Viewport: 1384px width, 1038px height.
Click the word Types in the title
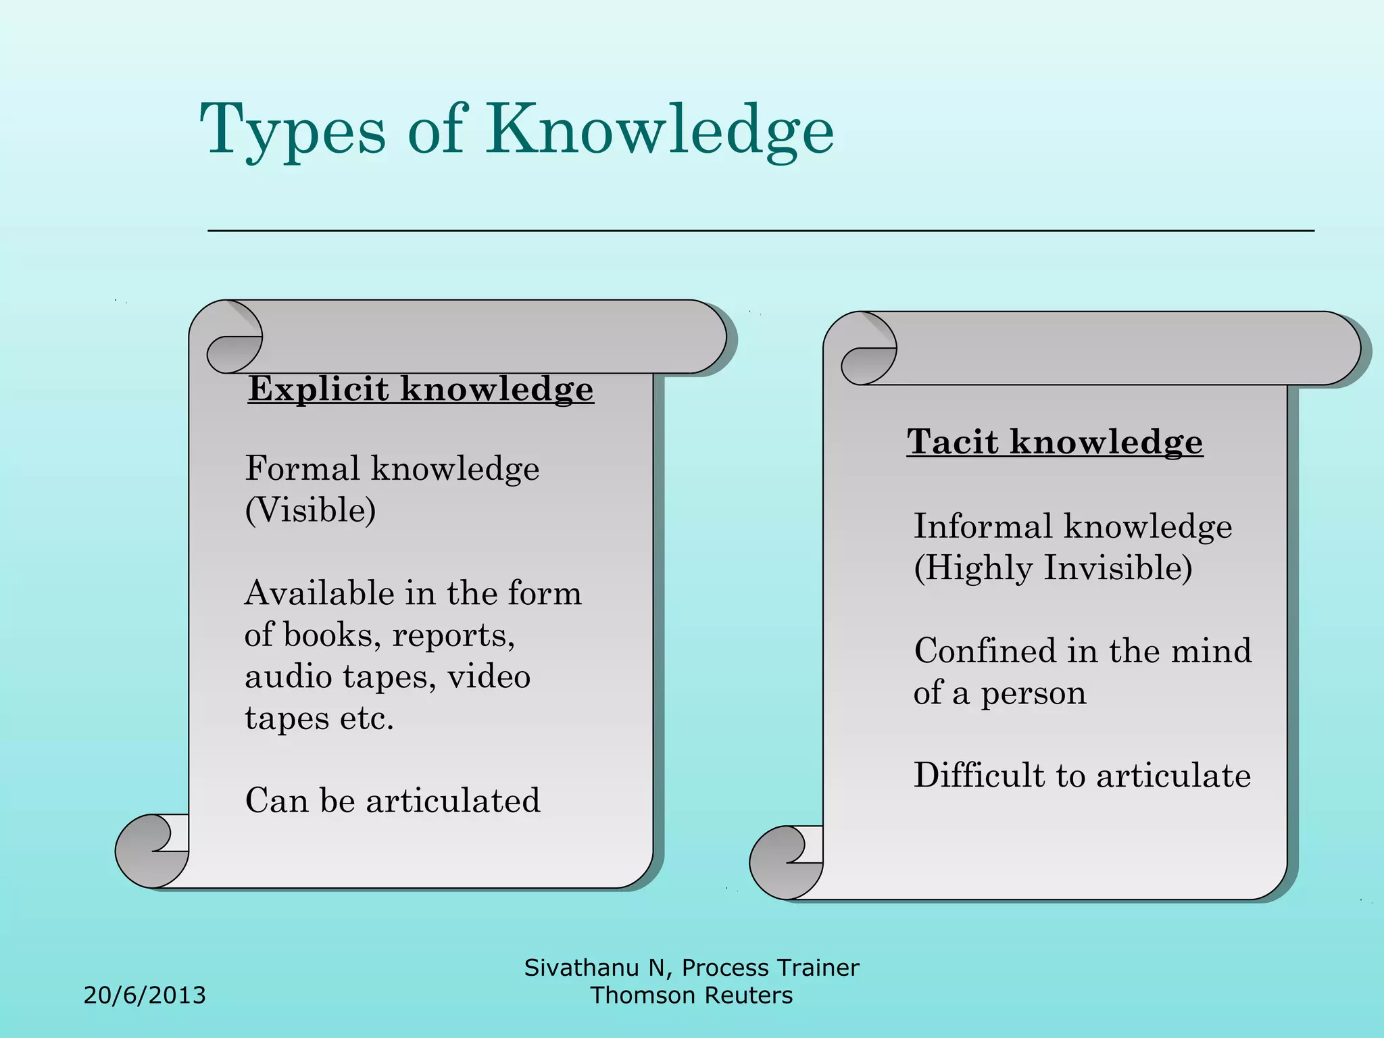[x=293, y=130]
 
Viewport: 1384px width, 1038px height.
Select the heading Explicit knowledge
[x=420, y=389]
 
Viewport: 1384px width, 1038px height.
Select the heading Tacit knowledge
[x=1054, y=442]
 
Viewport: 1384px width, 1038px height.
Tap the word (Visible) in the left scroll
[x=310, y=510]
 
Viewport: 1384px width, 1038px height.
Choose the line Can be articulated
[x=393, y=801]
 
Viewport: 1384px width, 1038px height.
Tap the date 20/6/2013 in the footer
[x=145, y=995]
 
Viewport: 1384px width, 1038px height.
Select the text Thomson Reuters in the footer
[x=691, y=995]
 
